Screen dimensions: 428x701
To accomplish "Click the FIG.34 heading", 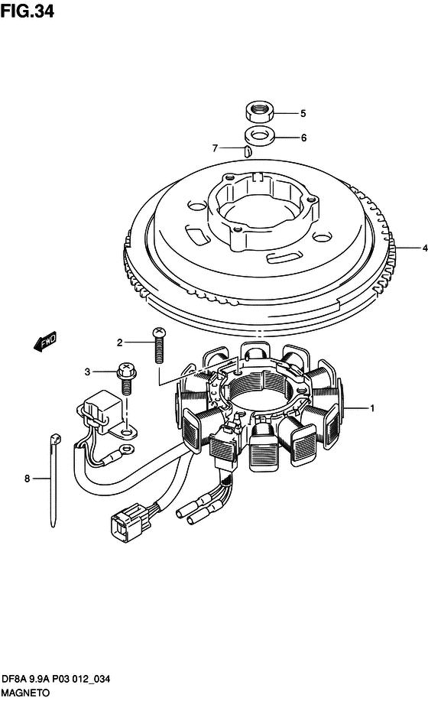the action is [x=28, y=11].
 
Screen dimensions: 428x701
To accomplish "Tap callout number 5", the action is [x=303, y=114].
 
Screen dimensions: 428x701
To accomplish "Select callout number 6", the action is [x=303, y=138].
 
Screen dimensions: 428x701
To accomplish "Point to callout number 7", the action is [x=215, y=148].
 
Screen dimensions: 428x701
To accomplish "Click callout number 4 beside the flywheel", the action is [x=425, y=248].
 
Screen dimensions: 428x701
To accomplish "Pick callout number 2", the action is [x=119, y=342].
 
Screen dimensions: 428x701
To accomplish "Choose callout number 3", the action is [x=87, y=372].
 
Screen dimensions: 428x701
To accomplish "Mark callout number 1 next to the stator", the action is [x=372, y=408].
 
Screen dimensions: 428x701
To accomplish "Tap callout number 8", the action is [x=27, y=479].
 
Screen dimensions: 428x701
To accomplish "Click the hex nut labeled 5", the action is [x=260, y=112].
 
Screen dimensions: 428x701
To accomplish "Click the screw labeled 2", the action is [x=159, y=346].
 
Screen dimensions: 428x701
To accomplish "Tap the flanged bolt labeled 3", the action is [x=126, y=378].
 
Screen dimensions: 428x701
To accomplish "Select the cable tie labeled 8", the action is [x=54, y=480].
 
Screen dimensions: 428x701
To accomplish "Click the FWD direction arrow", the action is [x=45, y=342].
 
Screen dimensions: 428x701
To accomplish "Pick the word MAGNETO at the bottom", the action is [x=25, y=693].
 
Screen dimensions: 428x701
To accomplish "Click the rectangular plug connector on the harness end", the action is [x=126, y=523].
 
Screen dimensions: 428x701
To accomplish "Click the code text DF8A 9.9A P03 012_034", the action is [x=56, y=679].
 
